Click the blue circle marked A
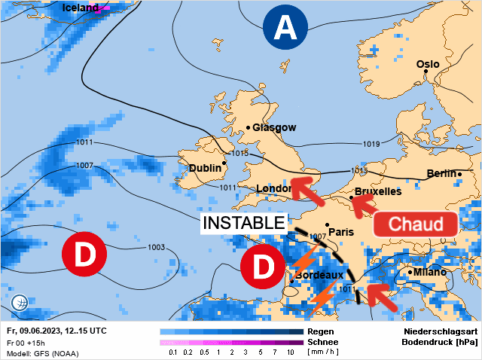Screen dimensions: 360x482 tap(285, 29)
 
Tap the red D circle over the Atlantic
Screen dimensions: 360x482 tap(85, 255)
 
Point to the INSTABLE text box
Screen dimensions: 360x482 tap(245, 222)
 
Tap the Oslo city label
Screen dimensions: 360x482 tap(427, 64)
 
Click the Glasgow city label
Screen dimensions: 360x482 tap(273, 127)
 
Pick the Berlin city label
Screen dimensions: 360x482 tap(441, 174)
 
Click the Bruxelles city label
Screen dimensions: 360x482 tap(377, 191)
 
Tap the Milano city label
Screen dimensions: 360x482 tap(427, 271)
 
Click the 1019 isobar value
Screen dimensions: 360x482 tap(371, 144)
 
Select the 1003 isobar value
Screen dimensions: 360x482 tap(156, 247)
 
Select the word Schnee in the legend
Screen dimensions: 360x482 tap(324, 341)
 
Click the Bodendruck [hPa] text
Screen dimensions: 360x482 tap(438, 342)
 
